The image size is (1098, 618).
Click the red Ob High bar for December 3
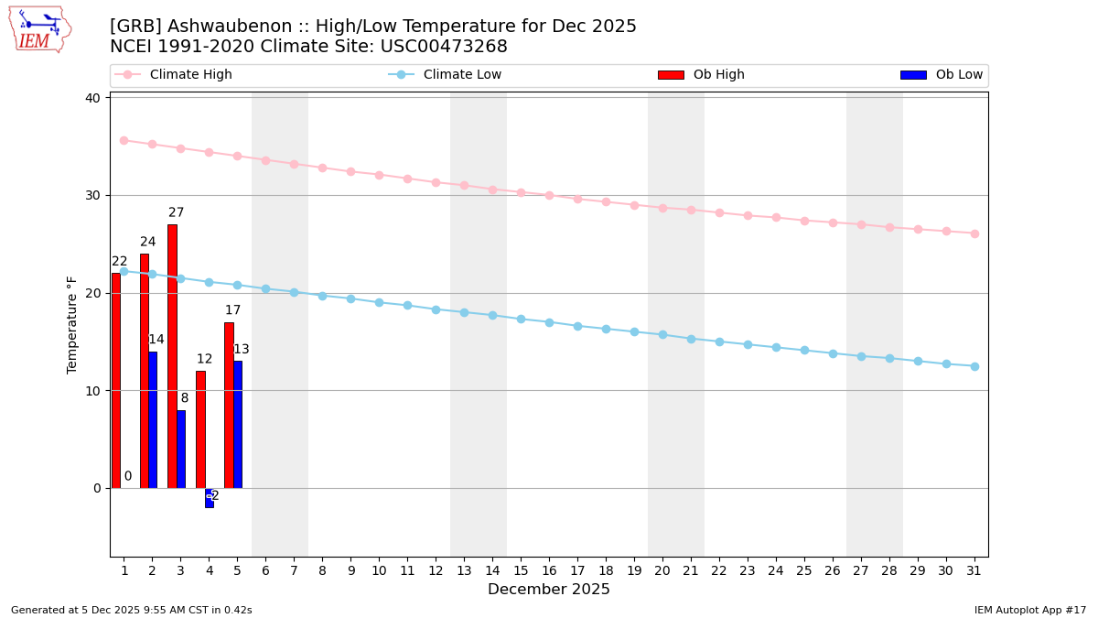click(x=172, y=356)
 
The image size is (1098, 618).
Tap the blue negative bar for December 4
click(x=209, y=498)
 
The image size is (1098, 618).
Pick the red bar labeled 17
click(x=229, y=405)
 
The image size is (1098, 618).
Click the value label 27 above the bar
click(x=176, y=212)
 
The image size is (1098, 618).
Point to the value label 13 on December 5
click(x=241, y=349)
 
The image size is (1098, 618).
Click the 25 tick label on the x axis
click(x=804, y=570)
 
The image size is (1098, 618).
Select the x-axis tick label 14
click(x=492, y=570)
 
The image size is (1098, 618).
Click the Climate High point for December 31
click(x=974, y=233)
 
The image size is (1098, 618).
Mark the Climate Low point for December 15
click(x=521, y=319)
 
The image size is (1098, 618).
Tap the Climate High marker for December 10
click(x=379, y=175)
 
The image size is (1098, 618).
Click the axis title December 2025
click(x=549, y=590)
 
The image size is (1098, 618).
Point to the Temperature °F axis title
click(x=72, y=324)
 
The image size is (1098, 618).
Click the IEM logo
click(x=39, y=29)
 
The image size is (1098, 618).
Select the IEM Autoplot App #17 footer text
click(x=1029, y=610)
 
